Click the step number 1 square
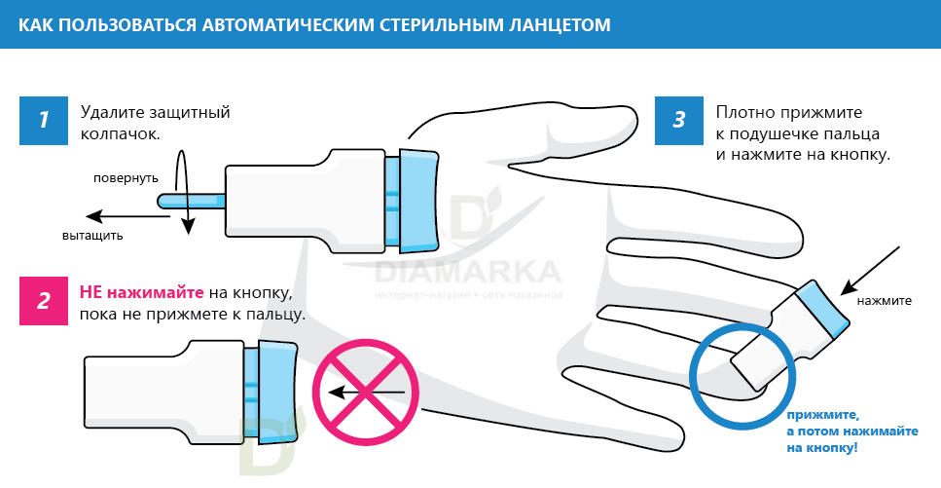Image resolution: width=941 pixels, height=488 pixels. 44,120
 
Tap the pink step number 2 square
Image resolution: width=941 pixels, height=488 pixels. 44,300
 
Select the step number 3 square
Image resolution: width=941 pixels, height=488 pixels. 679,120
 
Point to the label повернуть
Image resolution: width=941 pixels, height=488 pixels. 126,178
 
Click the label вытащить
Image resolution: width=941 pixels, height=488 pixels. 92,235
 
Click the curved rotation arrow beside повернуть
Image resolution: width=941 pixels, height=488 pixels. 182,190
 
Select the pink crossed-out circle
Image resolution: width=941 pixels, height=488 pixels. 364,393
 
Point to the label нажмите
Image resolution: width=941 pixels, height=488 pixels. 884,300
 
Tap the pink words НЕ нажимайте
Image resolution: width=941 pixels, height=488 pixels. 141,292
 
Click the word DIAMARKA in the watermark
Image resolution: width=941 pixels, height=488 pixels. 467,270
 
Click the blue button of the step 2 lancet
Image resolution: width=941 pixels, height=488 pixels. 277,385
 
